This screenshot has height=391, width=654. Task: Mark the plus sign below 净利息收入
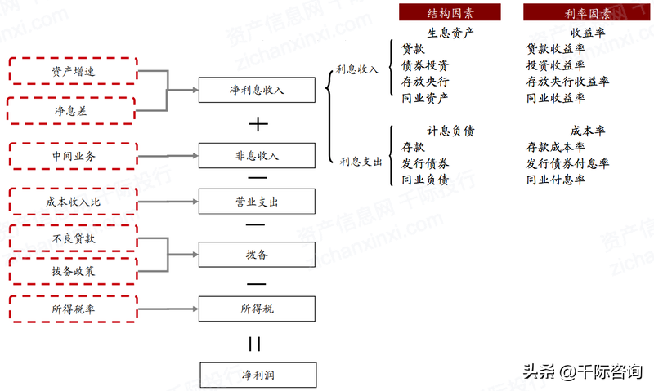point(258,124)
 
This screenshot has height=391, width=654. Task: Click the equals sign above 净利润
point(255,344)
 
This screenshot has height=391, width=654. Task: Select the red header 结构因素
point(450,12)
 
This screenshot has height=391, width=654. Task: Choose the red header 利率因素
point(586,12)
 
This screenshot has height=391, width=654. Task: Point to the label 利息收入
point(357,69)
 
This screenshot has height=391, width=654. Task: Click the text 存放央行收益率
point(567,82)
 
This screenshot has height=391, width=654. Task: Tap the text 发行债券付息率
point(567,163)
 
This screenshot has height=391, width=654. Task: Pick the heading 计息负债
point(450,131)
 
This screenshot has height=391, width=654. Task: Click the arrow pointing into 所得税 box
point(168,309)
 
